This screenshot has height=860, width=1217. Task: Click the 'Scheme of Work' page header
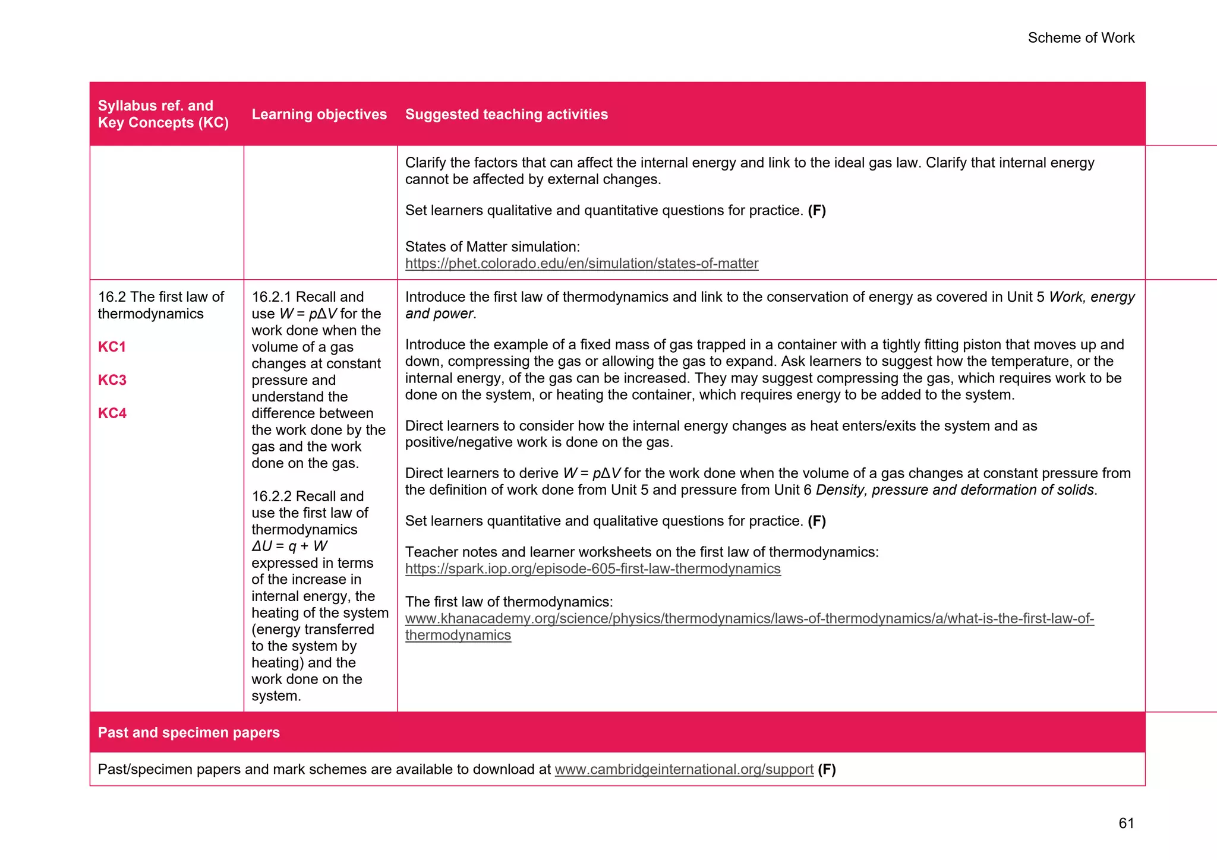1080,38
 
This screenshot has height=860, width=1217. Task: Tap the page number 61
1125,823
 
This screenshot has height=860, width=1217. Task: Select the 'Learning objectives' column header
319,114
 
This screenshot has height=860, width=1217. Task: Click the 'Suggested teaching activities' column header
506,114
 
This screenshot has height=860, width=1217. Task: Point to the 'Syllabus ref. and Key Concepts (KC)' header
163,114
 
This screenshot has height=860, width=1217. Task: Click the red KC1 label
112,347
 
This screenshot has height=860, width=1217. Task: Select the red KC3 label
112,380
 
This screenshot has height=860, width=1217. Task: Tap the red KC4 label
112,413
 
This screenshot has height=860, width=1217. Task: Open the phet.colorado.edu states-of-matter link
581,264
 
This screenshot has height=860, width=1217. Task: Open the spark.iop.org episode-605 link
592,569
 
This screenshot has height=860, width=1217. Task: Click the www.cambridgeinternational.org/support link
683,770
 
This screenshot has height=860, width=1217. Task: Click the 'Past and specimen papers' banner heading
188,732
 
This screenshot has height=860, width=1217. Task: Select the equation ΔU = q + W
289,546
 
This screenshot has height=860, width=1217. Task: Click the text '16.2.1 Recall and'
307,297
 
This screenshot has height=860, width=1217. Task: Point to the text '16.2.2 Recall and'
307,497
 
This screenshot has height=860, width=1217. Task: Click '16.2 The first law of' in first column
160,297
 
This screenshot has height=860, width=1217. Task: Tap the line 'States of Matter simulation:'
492,247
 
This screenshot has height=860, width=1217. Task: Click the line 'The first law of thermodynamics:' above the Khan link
508,602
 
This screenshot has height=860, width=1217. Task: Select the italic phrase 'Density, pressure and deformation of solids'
955,490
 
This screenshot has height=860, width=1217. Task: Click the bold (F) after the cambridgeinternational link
827,770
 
